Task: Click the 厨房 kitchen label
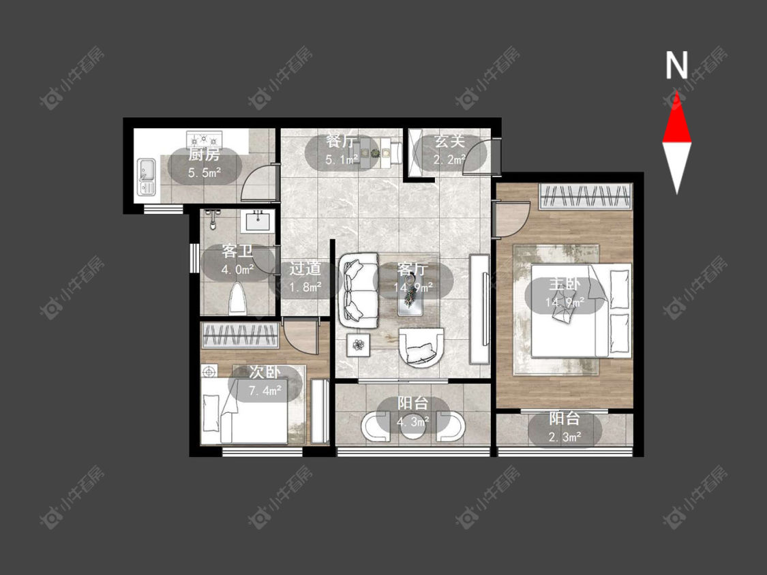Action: pos(204,155)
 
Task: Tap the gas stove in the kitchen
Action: pos(204,138)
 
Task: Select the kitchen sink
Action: pos(146,176)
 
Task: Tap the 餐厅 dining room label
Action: pos(341,141)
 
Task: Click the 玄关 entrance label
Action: pos(449,141)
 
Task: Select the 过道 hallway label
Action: pos(305,268)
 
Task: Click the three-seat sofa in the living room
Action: pos(359,291)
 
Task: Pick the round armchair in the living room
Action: pos(421,347)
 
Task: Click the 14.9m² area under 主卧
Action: pos(565,302)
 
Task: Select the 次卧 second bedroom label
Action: pos(265,372)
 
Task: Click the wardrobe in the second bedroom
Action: pos(240,335)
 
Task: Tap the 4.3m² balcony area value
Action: pos(413,422)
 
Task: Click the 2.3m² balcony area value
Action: pos(565,437)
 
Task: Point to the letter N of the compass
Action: pos(676,65)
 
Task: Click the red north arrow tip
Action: pos(677,91)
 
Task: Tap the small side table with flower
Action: pos(359,345)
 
